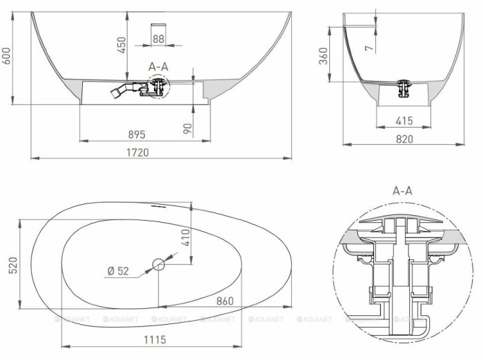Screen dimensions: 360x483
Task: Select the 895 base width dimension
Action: (x=139, y=134)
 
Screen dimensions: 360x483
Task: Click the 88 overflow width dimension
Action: (x=158, y=39)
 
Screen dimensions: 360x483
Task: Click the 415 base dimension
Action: (x=404, y=121)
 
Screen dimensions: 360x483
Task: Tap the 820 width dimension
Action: (x=404, y=138)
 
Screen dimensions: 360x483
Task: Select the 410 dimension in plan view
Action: (x=185, y=238)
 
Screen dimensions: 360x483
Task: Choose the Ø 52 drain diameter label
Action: (x=118, y=271)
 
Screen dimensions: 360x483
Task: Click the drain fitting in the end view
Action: (x=403, y=88)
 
